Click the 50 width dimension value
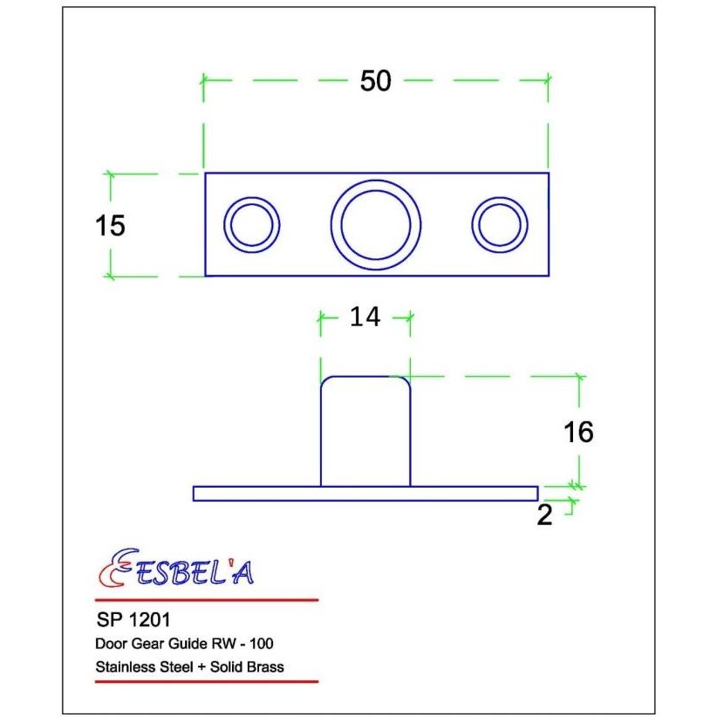click(x=375, y=81)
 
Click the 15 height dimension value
click(x=110, y=226)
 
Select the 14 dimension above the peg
click(x=365, y=318)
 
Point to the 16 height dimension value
click(x=577, y=432)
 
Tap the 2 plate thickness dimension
click(x=545, y=516)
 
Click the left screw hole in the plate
click(x=253, y=224)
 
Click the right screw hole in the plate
click(x=500, y=224)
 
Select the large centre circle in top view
click(x=376, y=224)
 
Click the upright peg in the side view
click(x=365, y=432)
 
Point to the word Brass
click(x=266, y=667)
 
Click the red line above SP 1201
click(x=206, y=600)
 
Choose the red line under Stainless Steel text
click(x=206, y=681)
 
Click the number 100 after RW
click(x=267, y=645)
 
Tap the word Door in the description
click(x=108, y=645)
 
